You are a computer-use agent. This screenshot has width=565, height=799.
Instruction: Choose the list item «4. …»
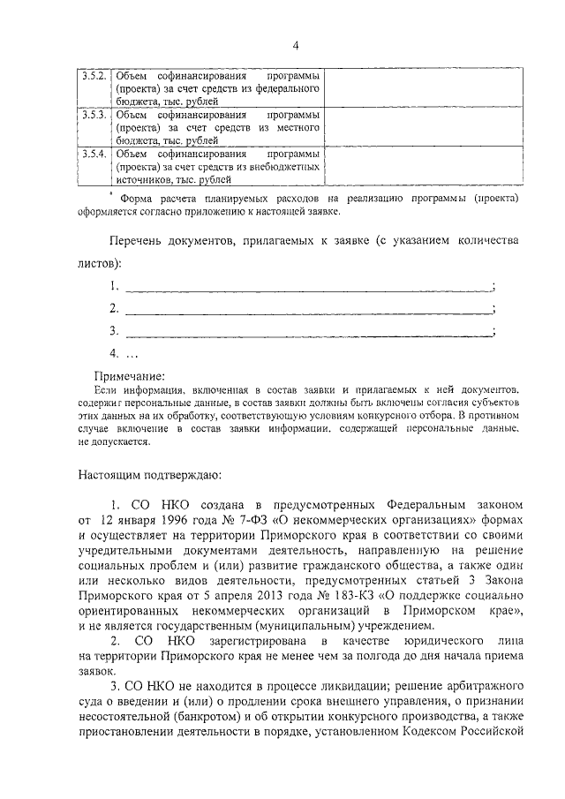tap(124, 355)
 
